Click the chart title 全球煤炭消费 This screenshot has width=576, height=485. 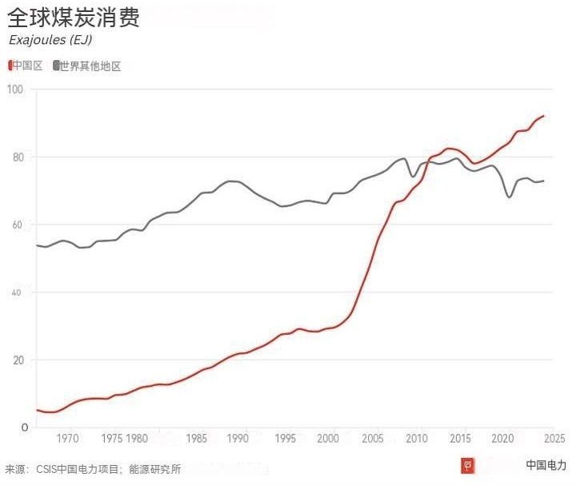click(x=74, y=18)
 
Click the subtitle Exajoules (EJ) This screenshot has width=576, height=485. click(x=50, y=41)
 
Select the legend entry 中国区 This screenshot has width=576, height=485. click(x=26, y=66)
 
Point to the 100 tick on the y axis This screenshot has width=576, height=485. click(x=17, y=88)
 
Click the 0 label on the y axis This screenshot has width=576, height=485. click(x=25, y=427)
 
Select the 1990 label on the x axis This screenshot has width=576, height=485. click(x=238, y=439)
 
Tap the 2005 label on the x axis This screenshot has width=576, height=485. click(x=372, y=439)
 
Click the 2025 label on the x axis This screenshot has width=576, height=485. click(x=554, y=439)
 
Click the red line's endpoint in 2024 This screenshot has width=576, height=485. click(x=544, y=116)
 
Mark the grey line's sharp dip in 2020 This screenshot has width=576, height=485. click(x=510, y=197)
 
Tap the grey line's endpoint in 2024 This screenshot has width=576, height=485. click(x=544, y=181)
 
